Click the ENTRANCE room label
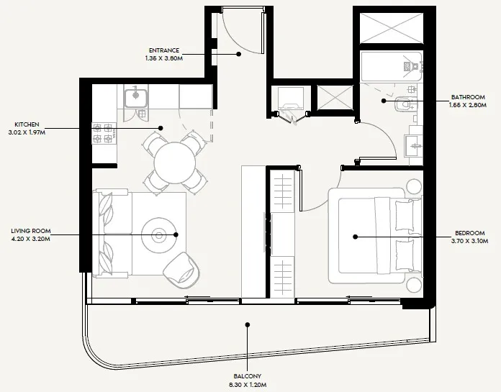166,50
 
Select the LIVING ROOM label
30,231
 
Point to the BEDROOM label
469,233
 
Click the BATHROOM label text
468,97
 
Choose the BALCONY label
247,377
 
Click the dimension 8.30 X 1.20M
247,385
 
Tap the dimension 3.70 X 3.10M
469,241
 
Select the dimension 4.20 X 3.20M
30,239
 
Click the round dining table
175,162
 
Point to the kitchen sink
135,96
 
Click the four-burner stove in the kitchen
104,134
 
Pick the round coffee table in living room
158,234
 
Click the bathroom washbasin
416,145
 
